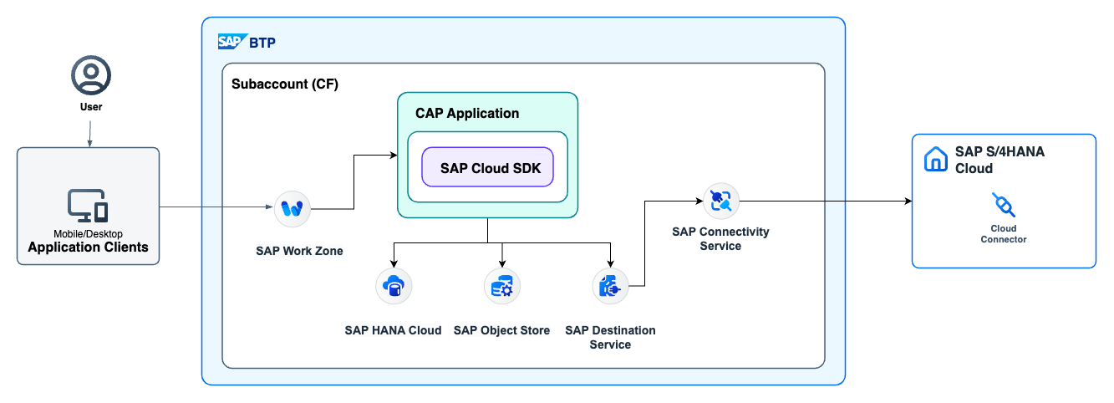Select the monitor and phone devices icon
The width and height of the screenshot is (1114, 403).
(x=88, y=205)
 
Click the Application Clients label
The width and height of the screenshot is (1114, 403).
(x=88, y=247)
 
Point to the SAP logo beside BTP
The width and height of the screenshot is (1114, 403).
(x=230, y=42)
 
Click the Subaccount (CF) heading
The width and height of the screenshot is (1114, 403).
(x=284, y=85)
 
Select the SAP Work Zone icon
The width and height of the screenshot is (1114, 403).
(x=292, y=208)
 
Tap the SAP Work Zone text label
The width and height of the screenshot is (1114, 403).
(x=299, y=251)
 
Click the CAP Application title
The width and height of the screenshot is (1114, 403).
(x=467, y=113)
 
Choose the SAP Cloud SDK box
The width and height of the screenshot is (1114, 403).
(x=487, y=167)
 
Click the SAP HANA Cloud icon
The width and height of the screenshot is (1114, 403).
(x=393, y=287)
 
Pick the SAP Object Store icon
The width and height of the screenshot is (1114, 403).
(x=501, y=287)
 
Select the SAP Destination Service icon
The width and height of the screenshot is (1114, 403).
(x=610, y=287)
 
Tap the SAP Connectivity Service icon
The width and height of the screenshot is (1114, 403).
(x=720, y=201)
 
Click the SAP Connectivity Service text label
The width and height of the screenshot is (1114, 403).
(x=720, y=238)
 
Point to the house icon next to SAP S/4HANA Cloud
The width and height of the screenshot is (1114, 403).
(x=935, y=159)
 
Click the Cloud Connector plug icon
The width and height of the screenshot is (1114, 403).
(x=1003, y=205)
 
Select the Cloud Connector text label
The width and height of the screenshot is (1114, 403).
(x=1003, y=233)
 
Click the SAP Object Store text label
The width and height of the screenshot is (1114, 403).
(x=501, y=330)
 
